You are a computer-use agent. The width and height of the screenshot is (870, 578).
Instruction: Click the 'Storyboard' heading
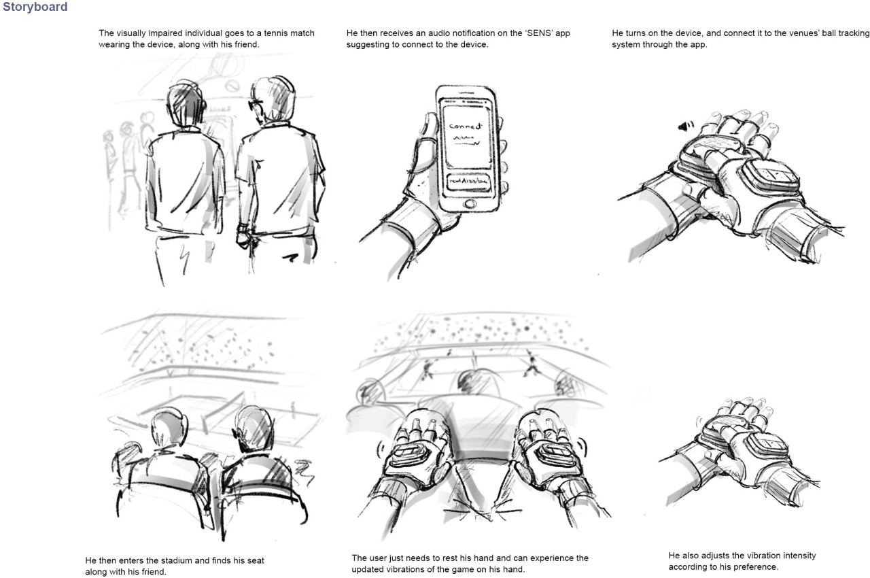click(35, 7)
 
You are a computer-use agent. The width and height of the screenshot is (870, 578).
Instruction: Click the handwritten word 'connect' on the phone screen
click(465, 126)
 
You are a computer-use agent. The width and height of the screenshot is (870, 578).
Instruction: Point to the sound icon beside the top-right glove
click(684, 125)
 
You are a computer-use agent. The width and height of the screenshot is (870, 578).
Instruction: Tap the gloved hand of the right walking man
click(242, 237)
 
